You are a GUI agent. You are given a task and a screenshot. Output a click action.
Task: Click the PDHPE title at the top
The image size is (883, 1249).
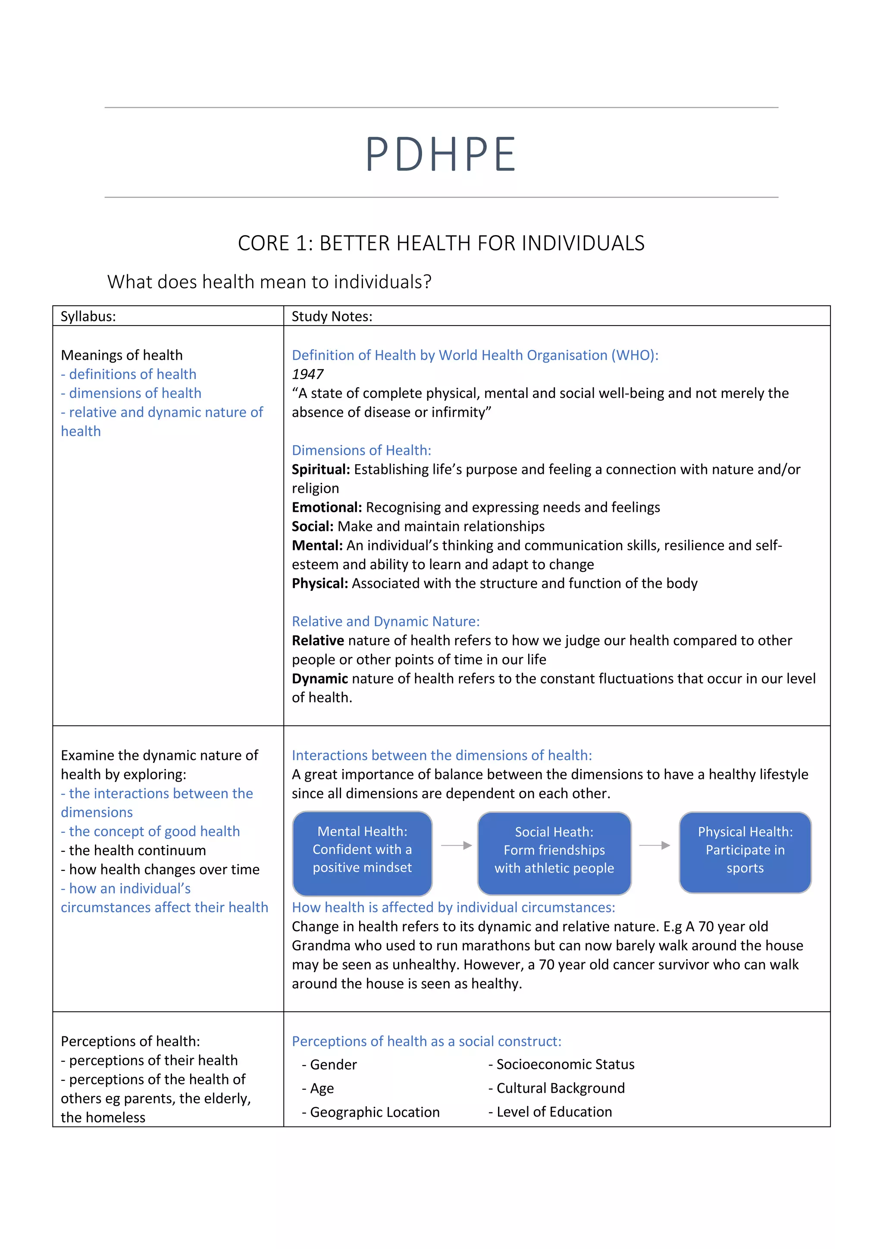click(440, 154)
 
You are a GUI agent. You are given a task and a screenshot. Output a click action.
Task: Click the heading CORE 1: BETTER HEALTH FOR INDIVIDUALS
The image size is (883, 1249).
click(441, 243)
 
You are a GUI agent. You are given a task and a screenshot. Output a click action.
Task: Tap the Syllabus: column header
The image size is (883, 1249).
click(88, 316)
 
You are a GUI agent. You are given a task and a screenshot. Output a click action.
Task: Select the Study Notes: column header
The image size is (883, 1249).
click(332, 316)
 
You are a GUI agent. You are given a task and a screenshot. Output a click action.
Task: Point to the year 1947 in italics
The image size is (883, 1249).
click(307, 374)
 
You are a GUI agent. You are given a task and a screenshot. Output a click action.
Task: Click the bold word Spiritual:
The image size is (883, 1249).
click(321, 470)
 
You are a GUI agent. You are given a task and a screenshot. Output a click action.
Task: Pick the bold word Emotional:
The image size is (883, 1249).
click(327, 508)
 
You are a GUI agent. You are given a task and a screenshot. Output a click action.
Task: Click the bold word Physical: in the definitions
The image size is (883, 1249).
click(320, 584)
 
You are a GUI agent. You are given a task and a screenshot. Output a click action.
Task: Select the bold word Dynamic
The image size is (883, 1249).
click(320, 679)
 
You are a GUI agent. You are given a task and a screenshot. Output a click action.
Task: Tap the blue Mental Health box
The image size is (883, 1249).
click(362, 853)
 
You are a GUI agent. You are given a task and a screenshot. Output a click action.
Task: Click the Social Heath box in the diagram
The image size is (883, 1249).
click(554, 853)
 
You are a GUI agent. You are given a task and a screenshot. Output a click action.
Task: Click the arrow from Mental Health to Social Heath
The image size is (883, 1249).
click(456, 845)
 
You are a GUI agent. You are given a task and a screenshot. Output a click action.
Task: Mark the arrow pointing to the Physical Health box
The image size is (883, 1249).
click(654, 845)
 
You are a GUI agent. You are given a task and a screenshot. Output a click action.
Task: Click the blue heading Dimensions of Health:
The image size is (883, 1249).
click(361, 450)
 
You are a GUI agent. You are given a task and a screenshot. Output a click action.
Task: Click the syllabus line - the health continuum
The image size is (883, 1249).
click(133, 850)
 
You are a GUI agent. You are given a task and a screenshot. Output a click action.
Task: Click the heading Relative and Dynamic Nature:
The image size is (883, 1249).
click(385, 622)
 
